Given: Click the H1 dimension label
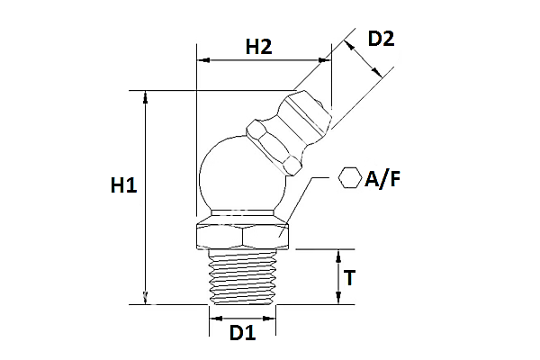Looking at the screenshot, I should point(123,186).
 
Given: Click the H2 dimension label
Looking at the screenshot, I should point(258,48).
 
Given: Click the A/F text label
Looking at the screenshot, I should point(382,179).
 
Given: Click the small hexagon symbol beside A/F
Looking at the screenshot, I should point(348,178).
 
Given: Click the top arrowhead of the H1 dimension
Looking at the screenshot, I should point(144,94).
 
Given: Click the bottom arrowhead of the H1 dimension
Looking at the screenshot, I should point(144,300).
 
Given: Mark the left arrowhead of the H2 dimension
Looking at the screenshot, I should point(201,61).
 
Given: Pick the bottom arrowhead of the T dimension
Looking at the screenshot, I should point(338,300).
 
